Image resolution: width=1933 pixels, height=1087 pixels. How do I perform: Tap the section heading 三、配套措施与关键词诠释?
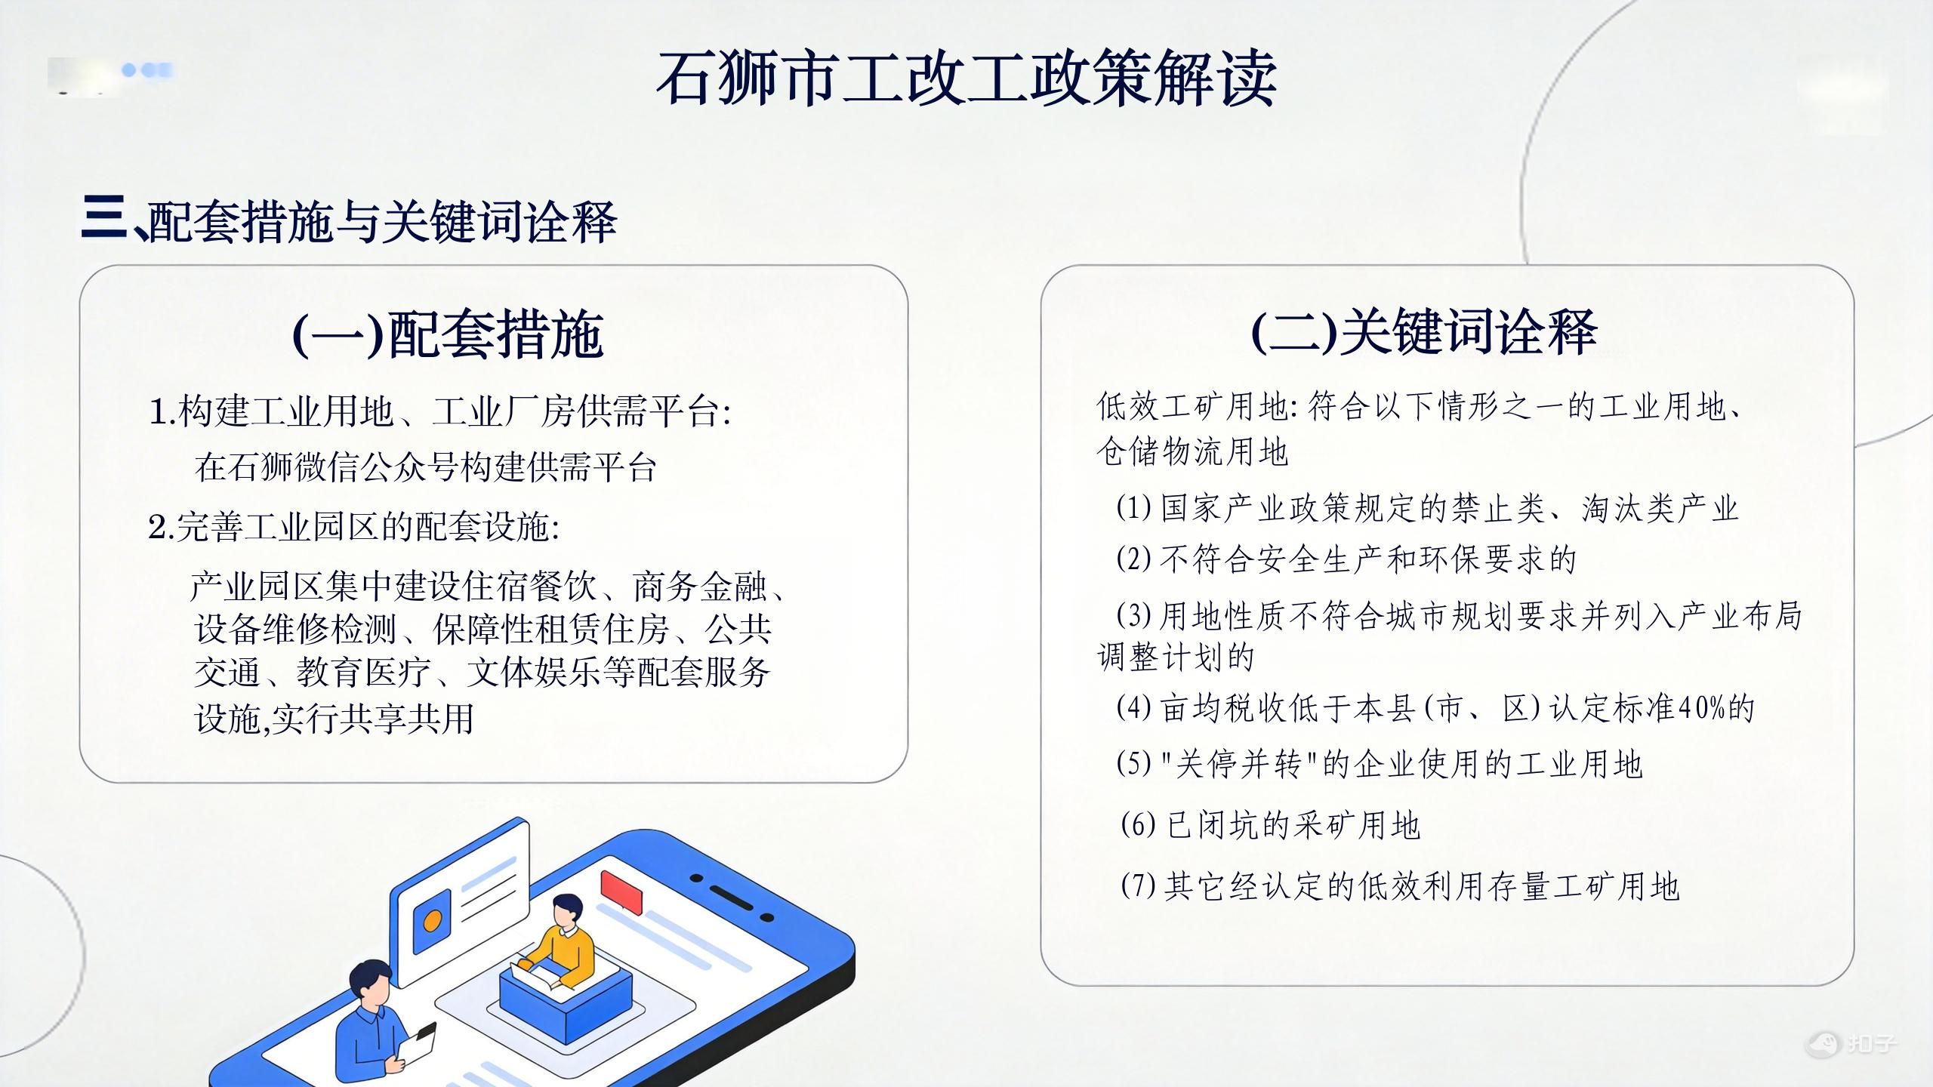point(349,221)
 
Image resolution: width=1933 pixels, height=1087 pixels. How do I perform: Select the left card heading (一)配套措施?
point(448,334)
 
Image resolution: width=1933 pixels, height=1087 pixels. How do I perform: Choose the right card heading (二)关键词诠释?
point(1424,331)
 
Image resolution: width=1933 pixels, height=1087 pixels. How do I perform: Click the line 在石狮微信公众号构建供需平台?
point(425,467)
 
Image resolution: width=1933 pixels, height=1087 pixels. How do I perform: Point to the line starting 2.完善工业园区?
point(354,527)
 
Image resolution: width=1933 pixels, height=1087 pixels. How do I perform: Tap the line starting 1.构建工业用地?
point(440,412)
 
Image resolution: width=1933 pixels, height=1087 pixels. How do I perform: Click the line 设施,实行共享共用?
point(334,718)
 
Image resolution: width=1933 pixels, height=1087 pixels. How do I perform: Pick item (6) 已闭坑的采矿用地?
point(1271,824)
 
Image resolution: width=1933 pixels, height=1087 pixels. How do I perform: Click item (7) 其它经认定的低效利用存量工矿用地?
point(1400,885)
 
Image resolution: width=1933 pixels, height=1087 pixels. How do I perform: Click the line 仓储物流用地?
point(1192,451)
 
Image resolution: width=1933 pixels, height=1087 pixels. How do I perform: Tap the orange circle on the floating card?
point(433,921)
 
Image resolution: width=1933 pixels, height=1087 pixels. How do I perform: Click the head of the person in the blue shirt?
point(371,984)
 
